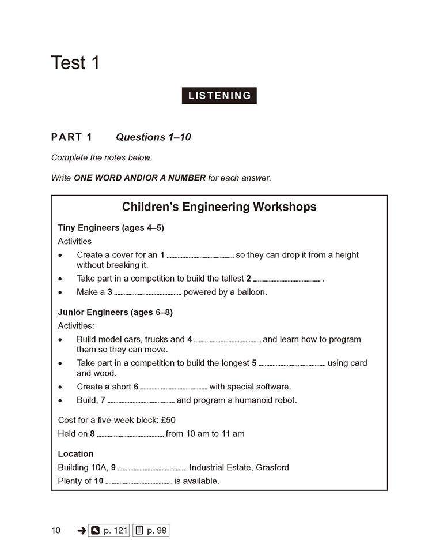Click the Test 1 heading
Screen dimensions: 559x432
pos(75,62)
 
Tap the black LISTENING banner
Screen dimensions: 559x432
pos(219,96)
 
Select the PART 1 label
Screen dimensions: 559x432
pos(71,137)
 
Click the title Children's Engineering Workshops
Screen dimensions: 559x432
pos(219,207)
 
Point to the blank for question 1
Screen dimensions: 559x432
pos(200,256)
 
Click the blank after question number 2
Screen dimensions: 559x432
pos(286,280)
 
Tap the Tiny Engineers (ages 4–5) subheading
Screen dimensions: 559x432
pos(111,227)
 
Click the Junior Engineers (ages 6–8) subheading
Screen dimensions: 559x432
pos(115,312)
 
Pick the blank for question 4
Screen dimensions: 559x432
pos(228,340)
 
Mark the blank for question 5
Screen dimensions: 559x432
pos(292,364)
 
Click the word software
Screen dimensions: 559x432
pos(272,387)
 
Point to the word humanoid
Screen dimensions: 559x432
pos(249,400)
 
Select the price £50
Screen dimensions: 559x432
pos(165,420)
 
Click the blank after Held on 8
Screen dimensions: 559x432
pos(130,434)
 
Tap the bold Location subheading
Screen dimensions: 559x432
pos(75,454)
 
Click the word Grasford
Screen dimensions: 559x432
pos(272,467)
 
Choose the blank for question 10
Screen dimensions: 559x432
pos(139,482)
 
